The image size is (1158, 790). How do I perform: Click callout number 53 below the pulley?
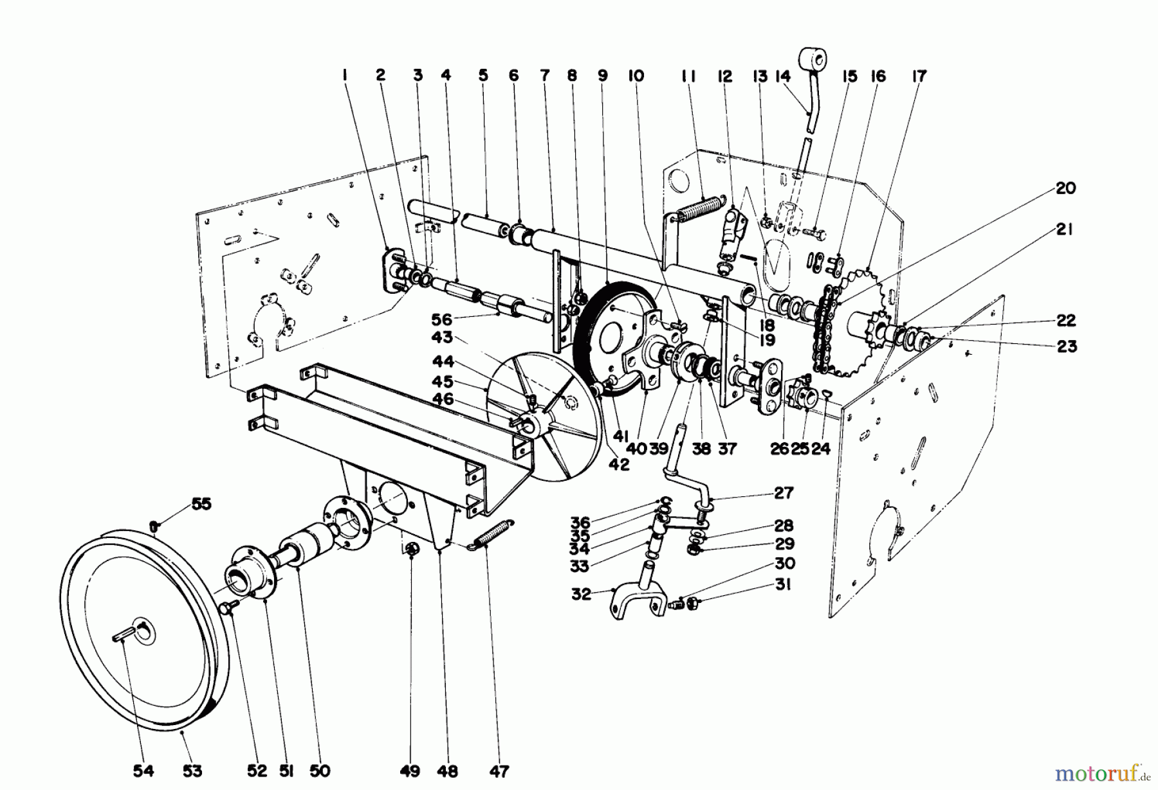point(192,770)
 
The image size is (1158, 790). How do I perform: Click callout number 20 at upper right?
point(1065,188)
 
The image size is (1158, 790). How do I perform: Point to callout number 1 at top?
point(345,75)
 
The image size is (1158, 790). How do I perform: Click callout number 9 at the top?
point(602,75)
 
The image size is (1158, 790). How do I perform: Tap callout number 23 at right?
point(1066,346)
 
